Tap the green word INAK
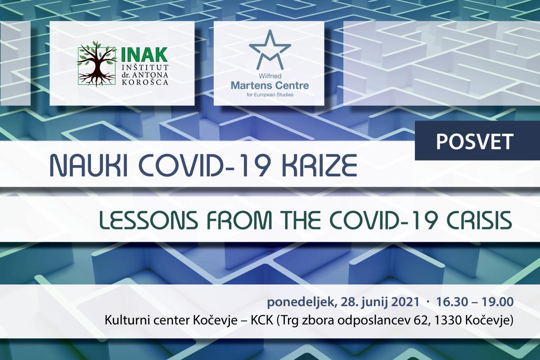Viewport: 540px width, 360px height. (144, 54)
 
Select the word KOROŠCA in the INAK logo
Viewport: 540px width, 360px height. (145, 82)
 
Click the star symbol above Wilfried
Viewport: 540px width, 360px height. (270, 49)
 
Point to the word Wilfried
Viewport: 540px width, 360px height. (270, 76)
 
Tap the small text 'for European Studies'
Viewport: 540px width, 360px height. (270, 95)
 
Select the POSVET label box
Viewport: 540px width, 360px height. (477, 140)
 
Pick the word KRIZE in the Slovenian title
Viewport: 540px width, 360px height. (319, 166)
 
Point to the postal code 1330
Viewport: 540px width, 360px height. (448, 321)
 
